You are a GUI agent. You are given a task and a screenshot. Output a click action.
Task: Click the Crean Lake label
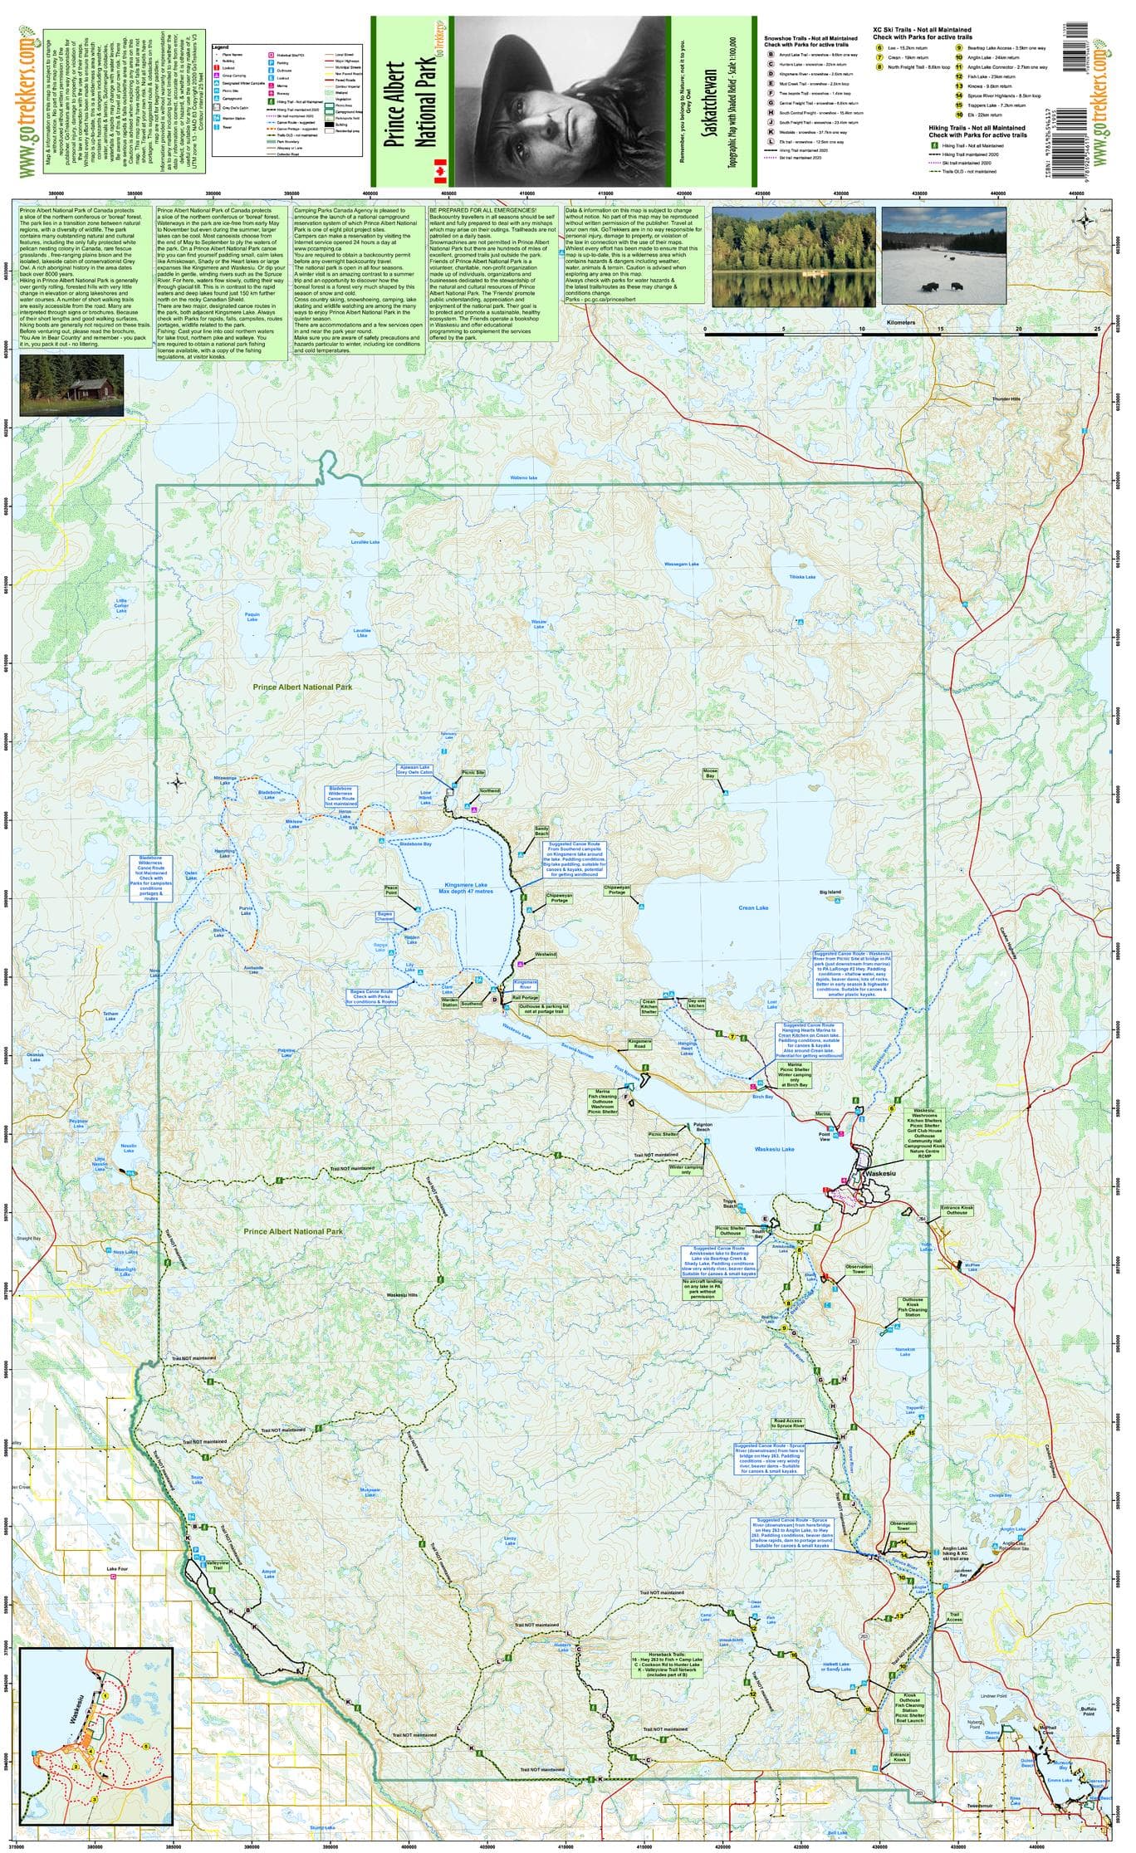tap(753, 907)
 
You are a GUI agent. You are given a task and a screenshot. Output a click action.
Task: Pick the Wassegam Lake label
tap(682, 565)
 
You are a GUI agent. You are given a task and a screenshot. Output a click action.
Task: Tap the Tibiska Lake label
tap(802, 577)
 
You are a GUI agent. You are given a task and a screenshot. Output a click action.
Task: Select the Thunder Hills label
tap(1009, 399)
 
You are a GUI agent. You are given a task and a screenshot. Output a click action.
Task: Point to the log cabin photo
tap(71, 385)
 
